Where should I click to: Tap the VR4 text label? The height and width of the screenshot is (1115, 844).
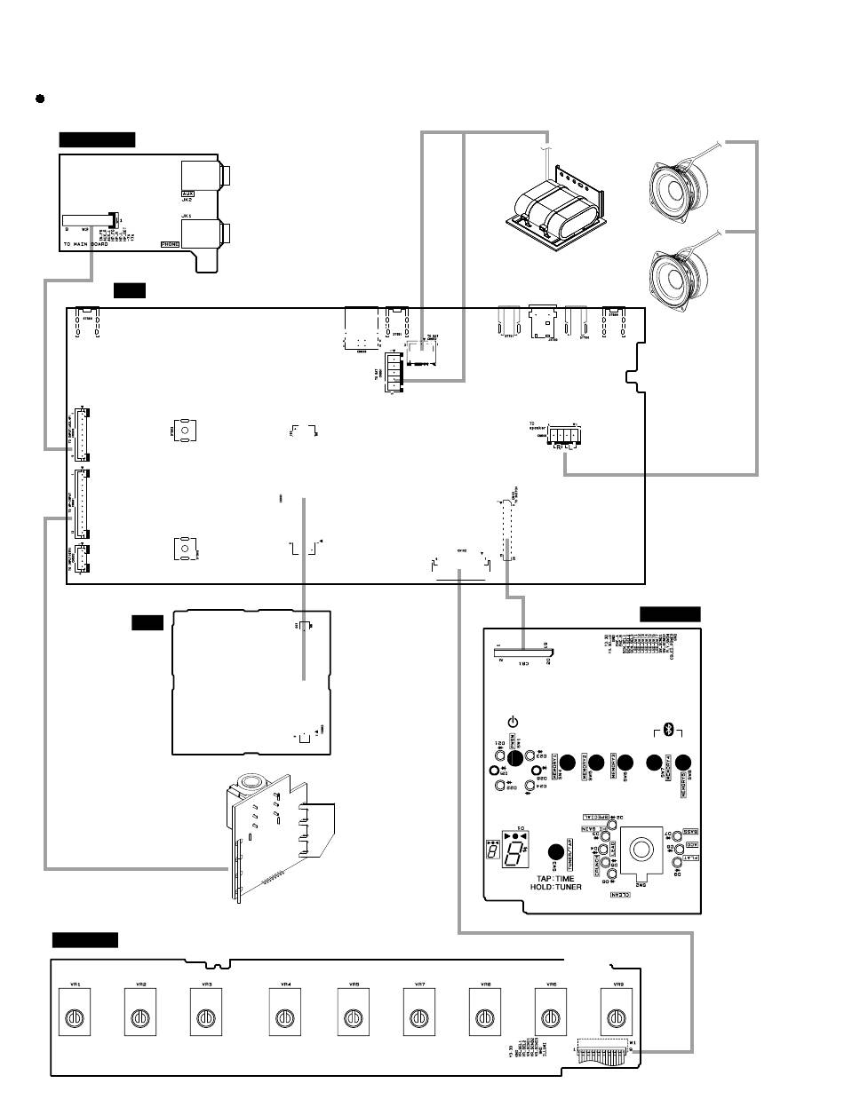285,985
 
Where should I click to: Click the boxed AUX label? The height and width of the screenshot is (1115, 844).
187,193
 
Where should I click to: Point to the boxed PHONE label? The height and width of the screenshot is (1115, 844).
170,243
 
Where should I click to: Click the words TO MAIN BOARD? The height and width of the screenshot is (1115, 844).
85,244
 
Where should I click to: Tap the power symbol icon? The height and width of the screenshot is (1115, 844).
513,723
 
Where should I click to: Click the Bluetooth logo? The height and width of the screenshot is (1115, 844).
671,730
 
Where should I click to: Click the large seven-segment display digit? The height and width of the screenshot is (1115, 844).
514,854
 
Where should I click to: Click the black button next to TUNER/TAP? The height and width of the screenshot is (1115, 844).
557,850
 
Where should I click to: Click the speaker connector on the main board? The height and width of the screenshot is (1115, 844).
561,436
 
